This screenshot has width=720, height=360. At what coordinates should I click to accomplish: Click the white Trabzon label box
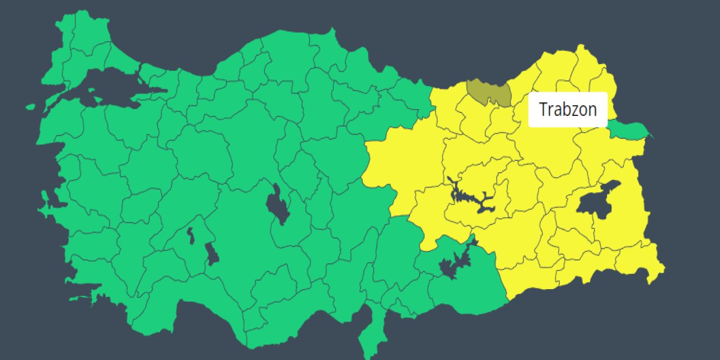568,109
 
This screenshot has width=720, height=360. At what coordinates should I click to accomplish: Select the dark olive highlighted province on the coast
488,92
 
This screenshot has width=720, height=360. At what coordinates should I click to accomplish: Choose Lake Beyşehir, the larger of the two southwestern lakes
212,254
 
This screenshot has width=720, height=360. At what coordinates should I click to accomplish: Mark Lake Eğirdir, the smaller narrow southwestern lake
191,236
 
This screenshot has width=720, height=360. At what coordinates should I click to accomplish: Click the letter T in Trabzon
543,109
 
